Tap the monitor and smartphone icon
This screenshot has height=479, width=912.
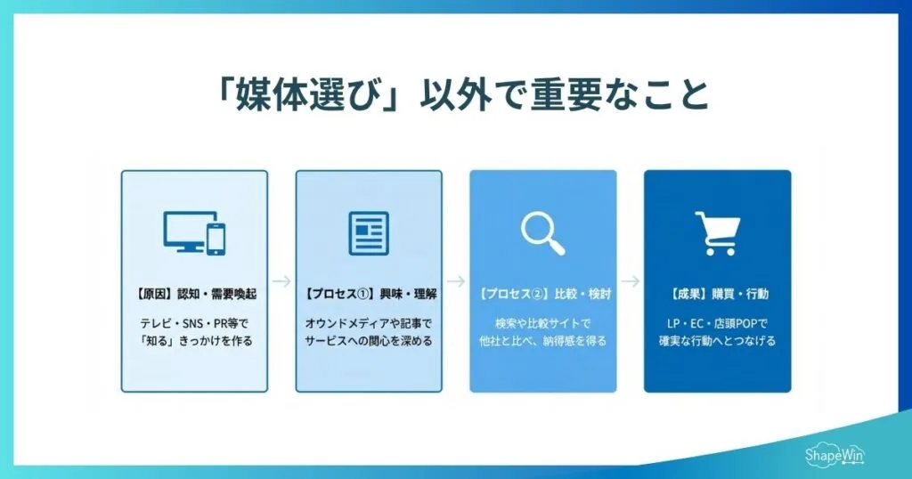[194, 232]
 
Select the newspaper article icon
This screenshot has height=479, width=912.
[369, 232]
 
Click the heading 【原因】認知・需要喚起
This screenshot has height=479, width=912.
[194, 293]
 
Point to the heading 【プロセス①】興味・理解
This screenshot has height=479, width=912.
[369, 293]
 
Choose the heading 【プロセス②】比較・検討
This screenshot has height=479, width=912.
[542, 293]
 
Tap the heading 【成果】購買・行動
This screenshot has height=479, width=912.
[717, 293]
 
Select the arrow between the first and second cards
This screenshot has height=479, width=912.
[281, 281]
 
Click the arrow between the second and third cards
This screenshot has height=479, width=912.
[456, 281]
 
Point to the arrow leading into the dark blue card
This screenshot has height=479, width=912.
[630, 281]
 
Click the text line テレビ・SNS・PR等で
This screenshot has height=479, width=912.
[194, 323]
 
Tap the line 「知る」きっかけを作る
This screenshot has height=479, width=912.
[194, 341]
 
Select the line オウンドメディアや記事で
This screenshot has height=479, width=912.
[369, 323]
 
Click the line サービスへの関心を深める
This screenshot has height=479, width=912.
[369, 341]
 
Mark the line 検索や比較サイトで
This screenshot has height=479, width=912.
[542, 323]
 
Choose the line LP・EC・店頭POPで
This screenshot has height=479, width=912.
[717, 323]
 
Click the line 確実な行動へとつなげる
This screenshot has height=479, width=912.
[717, 341]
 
